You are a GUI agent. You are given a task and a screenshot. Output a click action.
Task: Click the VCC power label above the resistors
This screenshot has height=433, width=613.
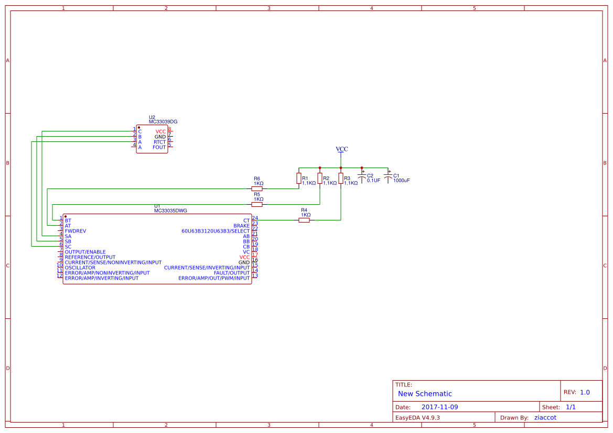coord(341,149)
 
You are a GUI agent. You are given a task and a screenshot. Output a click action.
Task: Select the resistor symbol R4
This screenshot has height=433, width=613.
coord(304,220)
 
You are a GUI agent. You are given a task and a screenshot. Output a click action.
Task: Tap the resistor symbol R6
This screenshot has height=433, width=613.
coord(257,188)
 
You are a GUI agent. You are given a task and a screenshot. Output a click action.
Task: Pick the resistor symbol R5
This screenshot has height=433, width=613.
coord(257,204)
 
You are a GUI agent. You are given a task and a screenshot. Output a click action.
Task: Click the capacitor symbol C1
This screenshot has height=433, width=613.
coord(388,178)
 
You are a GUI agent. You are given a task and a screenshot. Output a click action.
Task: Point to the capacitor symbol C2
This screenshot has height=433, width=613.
coord(361,178)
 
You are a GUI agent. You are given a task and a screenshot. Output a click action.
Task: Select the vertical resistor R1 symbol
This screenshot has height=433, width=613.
coord(299,179)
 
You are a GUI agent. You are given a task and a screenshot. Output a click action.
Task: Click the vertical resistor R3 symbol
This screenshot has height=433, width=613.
coord(341,179)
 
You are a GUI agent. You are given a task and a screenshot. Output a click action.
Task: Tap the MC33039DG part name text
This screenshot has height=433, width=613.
coord(163,122)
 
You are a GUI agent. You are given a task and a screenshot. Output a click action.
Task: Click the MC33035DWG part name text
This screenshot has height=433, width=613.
coord(170,210)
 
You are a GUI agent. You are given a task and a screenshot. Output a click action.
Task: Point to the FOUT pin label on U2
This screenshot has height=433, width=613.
coord(159,147)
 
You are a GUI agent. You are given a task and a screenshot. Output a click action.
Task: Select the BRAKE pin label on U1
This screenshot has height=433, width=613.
coord(241,226)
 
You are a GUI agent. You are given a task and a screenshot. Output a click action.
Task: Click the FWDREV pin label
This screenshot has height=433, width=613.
coord(76,231)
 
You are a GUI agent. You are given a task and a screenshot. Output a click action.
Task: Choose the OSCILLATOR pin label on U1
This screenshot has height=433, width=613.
coord(80,268)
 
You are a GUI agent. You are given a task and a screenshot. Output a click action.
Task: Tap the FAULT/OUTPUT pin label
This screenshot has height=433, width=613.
coord(232,273)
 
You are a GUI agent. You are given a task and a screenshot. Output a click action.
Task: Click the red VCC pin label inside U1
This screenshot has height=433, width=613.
coord(244,257)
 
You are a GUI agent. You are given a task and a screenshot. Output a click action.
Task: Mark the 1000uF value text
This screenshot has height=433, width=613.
coord(401,181)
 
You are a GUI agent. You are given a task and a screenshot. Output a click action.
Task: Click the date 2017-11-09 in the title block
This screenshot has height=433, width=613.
coord(439,407)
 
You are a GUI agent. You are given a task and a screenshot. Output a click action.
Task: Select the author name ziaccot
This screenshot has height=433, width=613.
coord(545,417)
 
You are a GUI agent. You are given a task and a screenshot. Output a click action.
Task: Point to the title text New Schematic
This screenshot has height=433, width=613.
coord(425,394)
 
